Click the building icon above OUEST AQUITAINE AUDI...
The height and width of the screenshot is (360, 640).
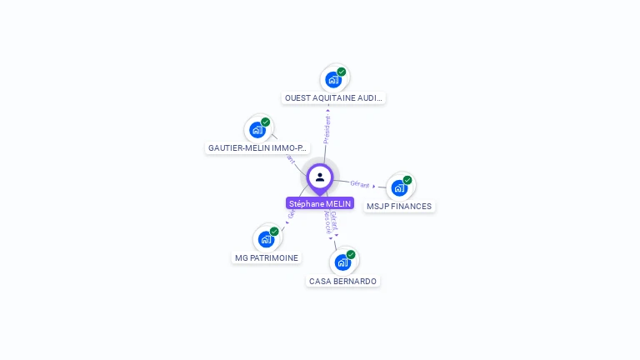tap(333, 80)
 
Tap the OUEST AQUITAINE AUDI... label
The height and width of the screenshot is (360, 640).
tap(333, 97)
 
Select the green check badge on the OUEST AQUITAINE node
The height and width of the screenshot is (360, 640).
tap(342, 72)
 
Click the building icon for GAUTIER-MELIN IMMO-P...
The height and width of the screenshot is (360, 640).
tap(257, 130)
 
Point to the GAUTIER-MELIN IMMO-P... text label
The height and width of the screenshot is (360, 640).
tap(257, 147)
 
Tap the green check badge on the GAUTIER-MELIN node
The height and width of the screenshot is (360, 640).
tap(266, 122)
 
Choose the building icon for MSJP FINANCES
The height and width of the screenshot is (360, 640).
tap(399, 187)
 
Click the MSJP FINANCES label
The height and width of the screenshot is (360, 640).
tap(399, 206)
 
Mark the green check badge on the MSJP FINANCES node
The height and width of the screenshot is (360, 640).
tap(407, 180)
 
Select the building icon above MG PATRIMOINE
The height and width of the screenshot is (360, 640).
tap(266, 239)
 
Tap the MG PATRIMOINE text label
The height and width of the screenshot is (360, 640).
tap(266, 257)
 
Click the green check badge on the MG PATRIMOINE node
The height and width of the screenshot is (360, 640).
tap(274, 232)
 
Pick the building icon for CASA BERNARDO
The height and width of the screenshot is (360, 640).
tap(342, 262)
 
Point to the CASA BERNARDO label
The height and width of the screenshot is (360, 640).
tap(342, 281)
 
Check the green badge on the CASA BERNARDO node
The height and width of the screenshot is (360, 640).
tap(351, 254)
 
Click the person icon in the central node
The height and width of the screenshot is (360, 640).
tap(320, 177)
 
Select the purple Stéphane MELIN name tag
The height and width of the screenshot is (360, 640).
tap(320, 203)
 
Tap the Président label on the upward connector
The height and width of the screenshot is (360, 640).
tap(327, 129)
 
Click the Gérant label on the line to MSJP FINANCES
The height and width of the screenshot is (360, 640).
tap(360, 183)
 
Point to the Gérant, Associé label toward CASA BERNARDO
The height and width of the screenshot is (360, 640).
tap(331, 223)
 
